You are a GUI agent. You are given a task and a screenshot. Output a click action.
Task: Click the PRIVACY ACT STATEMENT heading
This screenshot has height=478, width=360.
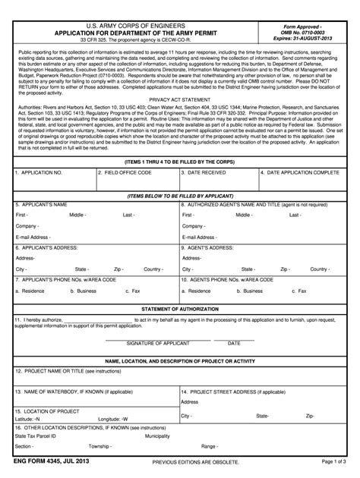pyautogui.click(x=179, y=99)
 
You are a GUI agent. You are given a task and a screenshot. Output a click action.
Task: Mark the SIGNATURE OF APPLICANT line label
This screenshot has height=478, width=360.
pyautogui.click(x=157, y=343)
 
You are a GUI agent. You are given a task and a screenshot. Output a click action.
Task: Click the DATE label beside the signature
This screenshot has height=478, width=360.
pyautogui.click(x=234, y=343)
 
